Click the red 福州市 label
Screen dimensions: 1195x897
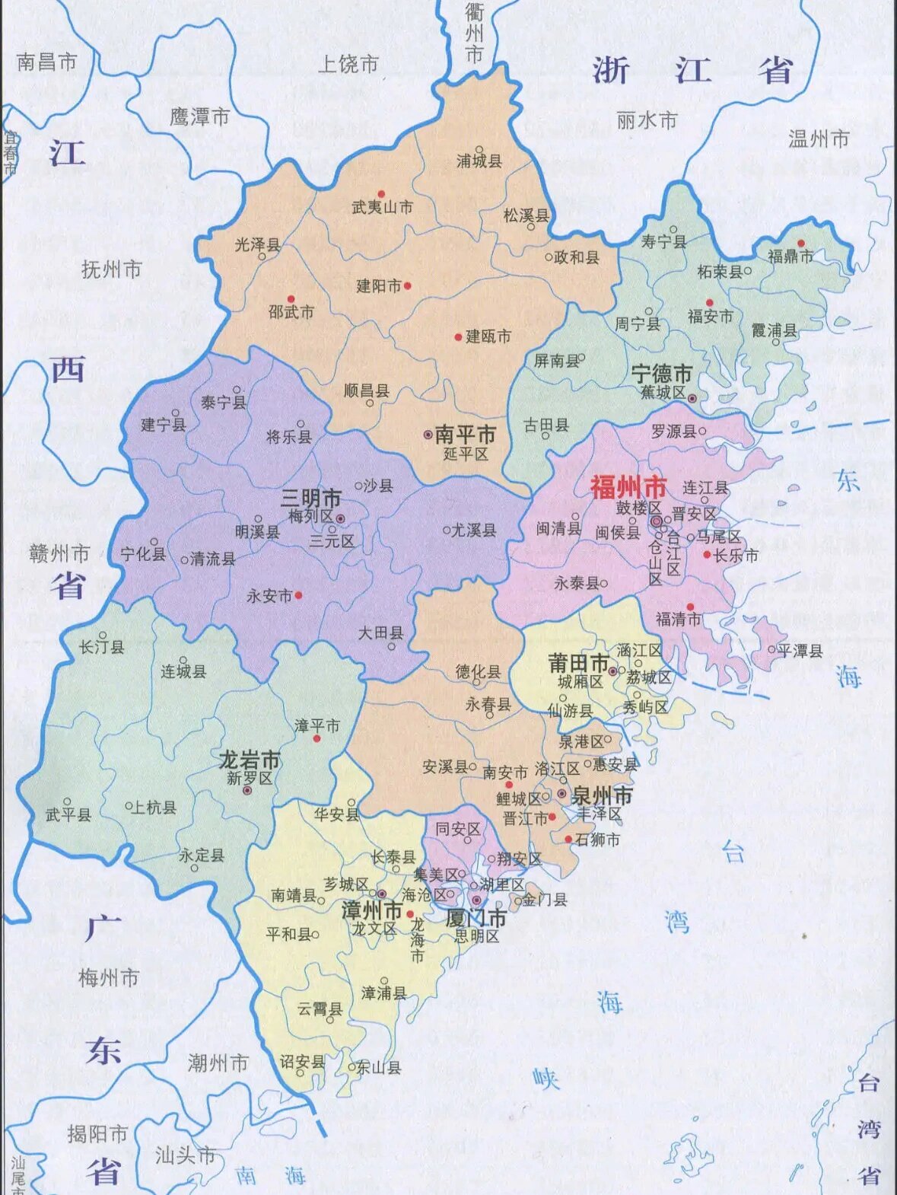pyautogui.click(x=628, y=487)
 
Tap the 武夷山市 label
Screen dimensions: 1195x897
pyautogui.click(x=382, y=207)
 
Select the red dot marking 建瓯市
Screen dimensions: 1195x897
pyautogui.click(x=458, y=336)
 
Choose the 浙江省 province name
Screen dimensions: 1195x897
pyautogui.click(x=692, y=71)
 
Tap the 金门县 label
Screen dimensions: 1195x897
pyautogui.click(x=545, y=900)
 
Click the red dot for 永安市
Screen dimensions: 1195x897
pyautogui.click(x=298, y=595)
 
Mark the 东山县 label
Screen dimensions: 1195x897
pyautogui.click(x=379, y=1068)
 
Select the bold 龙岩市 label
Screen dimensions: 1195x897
pyautogui.click(x=250, y=760)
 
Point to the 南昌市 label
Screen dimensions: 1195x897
pyautogui.click(x=47, y=62)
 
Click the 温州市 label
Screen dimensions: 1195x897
pyautogui.click(x=819, y=139)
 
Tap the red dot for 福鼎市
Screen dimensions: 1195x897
pyautogui.click(x=800, y=244)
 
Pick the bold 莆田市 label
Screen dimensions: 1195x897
pyautogui.click(x=578, y=663)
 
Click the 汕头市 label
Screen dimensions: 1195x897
pyautogui.click(x=186, y=1155)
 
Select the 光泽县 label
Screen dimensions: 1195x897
pyautogui.click(x=257, y=244)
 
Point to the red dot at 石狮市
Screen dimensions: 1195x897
pyautogui.click(x=568, y=839)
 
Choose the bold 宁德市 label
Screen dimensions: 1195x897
pyautogui.click(x=661, y=374)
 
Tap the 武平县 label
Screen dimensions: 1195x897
pyautogui.click(x=68, y=815)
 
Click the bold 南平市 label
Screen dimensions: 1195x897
pyautogui.click(x=464, y=435)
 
